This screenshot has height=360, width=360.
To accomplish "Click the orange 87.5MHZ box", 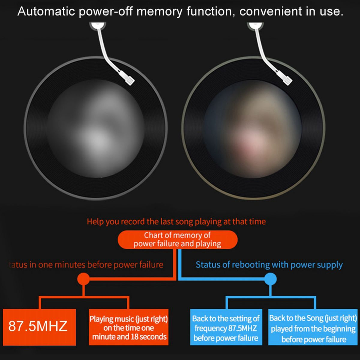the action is click(39, 327).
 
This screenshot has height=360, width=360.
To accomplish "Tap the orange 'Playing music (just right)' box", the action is click(128, 327).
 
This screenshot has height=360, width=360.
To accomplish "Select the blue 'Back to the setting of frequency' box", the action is click(226, 327).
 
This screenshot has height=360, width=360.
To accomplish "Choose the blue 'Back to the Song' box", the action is click(313, 327).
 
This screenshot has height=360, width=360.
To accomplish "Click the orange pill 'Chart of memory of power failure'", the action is click(178, 239).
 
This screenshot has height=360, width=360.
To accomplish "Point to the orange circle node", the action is click(83, 279).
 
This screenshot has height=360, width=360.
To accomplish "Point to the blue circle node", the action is click(271, 279).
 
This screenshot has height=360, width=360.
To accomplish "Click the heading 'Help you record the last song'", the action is click(176, 222).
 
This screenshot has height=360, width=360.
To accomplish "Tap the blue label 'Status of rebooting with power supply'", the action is click(269, 265).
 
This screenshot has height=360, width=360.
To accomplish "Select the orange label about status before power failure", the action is click(86, 265).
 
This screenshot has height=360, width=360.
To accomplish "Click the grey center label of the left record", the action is click(95, 128).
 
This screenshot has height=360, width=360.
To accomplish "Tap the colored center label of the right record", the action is click(253, 128).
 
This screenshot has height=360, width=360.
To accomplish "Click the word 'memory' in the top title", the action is click(159, 12).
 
